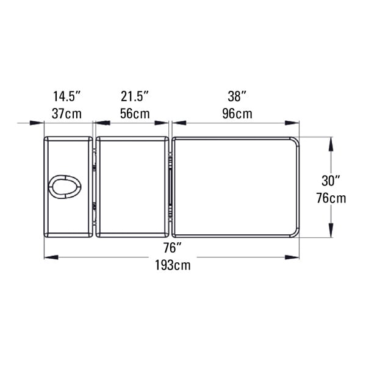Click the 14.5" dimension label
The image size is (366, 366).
(67, 96)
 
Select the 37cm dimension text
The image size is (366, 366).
(67, 114)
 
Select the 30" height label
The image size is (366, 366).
(331, 181)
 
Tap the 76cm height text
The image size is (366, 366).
(331, 198)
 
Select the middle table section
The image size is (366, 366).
(132, 187)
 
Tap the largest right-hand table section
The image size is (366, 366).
(235, 187)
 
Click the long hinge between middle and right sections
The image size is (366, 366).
(170, 187)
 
